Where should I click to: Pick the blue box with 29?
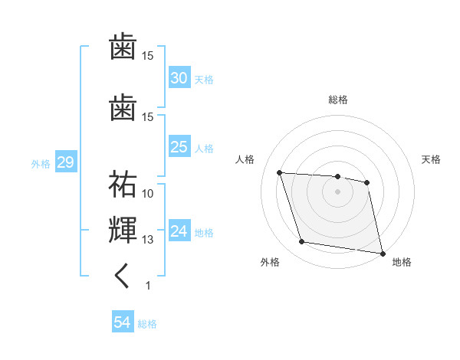point(65,162)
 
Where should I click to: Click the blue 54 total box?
point(122,322)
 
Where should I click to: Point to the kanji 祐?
point(123,185)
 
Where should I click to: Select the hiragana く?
point(123,277)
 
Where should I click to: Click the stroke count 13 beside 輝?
point(148,239)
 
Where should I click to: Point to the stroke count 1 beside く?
point(148,285)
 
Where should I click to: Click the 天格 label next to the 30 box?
point(204,80)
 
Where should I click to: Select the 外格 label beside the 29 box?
point(41,163)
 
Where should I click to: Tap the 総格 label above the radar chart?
point(337,100)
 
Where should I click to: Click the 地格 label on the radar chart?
point(402,263)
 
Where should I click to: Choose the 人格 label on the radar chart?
point(245,159)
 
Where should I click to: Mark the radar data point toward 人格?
point(280,173)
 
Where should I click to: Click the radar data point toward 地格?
point(381,252)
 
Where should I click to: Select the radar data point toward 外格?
point(302,242)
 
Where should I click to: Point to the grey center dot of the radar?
point(337,191)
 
